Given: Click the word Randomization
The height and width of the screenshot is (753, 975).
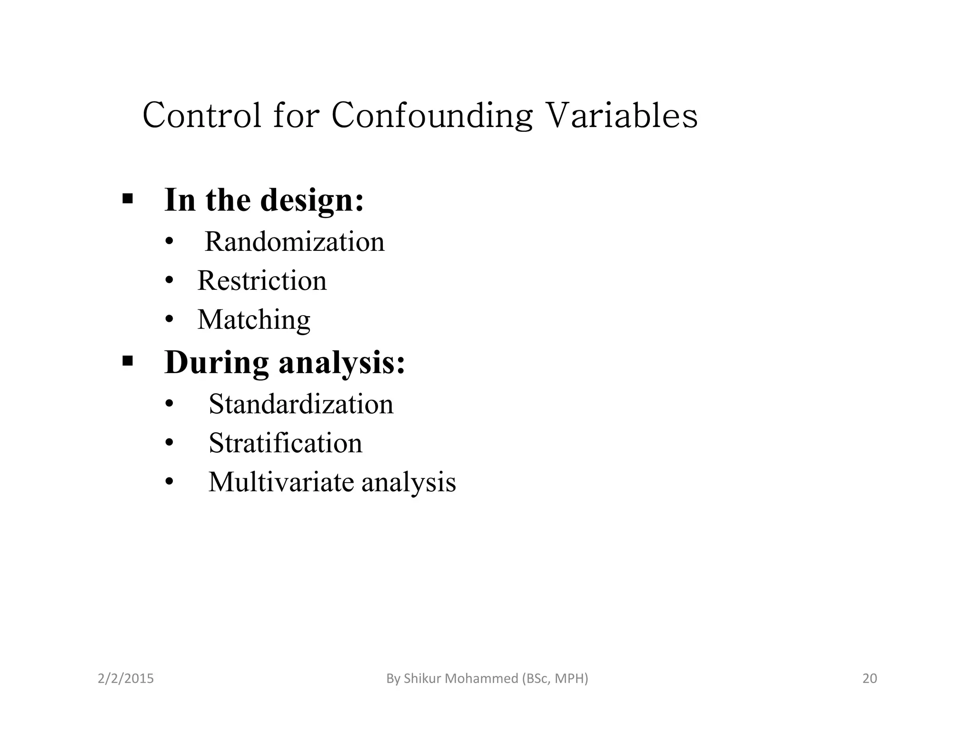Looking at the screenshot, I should pyautogui.click(x=294, y=241).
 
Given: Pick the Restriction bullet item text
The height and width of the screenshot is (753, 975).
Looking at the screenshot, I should pyautogui.click(x=262, y=280).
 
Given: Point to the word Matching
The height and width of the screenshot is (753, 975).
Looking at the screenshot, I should pyautogui.click(x=254, y=319).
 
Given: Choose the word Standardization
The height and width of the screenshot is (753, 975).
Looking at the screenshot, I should pyautogui.click(x=301, y=404).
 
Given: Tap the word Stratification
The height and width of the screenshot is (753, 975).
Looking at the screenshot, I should pyautogui.click(x=285, y=443).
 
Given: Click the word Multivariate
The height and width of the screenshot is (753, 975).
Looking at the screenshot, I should pyautogui.click(x=281, y=482).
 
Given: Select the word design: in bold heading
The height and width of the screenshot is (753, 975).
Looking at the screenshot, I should pyautogui.click(x=312, y=200).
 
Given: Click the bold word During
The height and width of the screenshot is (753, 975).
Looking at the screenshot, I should pyautogui.click(x=217, y=363).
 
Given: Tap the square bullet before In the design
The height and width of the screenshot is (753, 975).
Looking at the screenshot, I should pyautogui.click(x=127, y=198).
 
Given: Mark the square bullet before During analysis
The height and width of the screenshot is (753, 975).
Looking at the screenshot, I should pyautogui.click(x=127, y=361).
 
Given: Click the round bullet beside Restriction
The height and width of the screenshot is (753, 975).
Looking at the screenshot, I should pyautogui.click(x=169, y=281).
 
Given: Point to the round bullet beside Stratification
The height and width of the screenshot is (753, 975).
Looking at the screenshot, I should pyautogui.click(x=169, y=444).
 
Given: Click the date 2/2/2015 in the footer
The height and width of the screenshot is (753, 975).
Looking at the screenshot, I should pyautogui.click(x=126, y=678).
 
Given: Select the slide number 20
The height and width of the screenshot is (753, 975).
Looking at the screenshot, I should pyautogui.click(x=869, y=678).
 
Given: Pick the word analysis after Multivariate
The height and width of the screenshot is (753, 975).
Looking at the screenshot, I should pyautogui.click(x=408, y=482).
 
